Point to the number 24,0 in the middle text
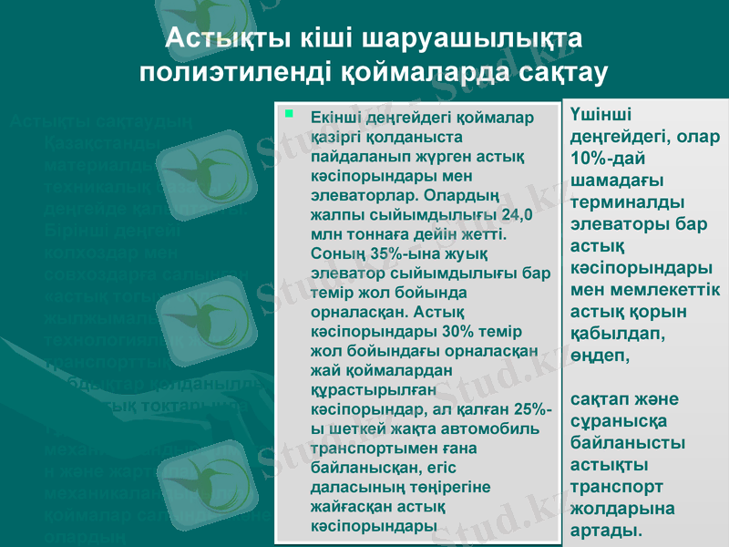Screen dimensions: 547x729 [509, 217]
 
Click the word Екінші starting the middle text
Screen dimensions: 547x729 [335, 118]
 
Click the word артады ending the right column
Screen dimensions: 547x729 [605, 530]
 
